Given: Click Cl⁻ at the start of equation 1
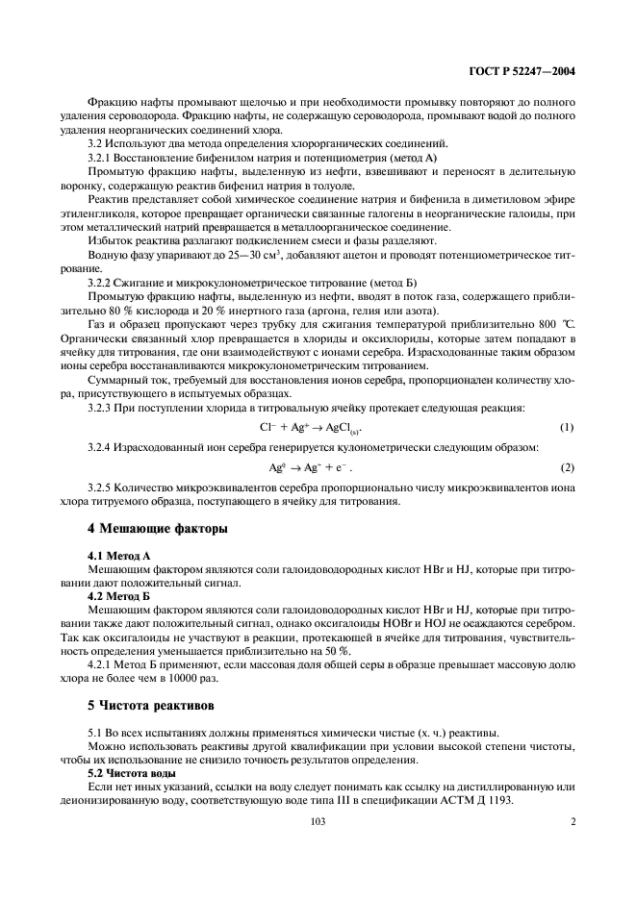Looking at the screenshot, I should point(268,426).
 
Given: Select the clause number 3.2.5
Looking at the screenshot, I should point(102,487).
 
